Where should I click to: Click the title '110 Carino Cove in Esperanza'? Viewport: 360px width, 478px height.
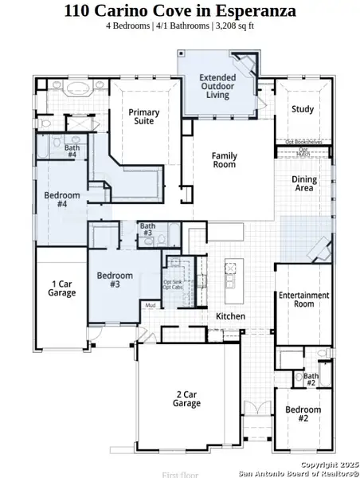[x=180, y=11]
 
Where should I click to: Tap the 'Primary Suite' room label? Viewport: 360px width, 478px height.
[x=147, y=117]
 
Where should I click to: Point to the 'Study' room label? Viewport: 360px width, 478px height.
[x=302, y=109]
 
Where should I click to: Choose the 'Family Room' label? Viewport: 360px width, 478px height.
[x=224, y=160]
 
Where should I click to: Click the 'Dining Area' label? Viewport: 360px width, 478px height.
[x=303, y=184]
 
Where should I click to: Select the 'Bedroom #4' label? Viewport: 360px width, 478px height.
[x=61, y=200]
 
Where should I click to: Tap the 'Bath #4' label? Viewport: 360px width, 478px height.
[x=72, y=151]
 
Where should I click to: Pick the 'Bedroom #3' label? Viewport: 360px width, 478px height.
[x=114, y=280]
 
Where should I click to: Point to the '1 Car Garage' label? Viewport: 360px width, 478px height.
[x=64, y=288]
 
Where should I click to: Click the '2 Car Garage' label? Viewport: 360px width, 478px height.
[x=186, y=398]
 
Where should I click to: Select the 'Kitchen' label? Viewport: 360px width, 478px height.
[x=230, y=316]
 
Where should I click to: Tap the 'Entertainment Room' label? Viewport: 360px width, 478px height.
[x=303, y=300]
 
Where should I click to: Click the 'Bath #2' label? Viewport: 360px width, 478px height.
[x=311, y=379]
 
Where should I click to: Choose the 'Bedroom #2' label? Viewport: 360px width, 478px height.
[x=303, y=414]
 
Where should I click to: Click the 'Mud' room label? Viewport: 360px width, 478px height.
[x=150, y=305]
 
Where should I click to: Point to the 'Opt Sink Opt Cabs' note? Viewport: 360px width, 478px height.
[x=174, y=286]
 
